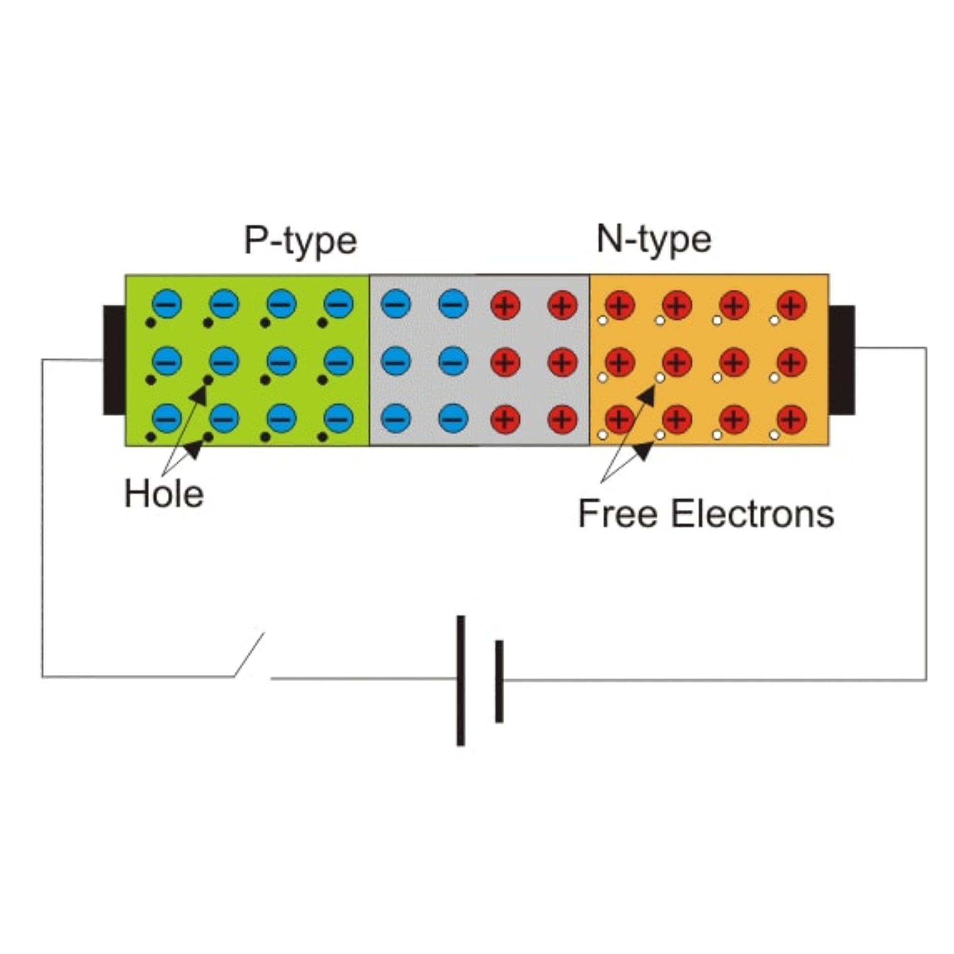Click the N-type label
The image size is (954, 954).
click(x=653, y=240)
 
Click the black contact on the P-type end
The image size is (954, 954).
click(x=114, y=360)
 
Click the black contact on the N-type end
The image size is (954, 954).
click(x=841, y=360)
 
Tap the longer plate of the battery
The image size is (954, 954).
click(x=461, y=681)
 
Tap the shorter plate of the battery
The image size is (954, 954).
click(x=499, y=681)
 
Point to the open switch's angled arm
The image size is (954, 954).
click(x=249, y=654)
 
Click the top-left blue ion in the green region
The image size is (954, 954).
click(x=167, y=304)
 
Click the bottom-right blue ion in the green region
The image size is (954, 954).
click(x=339, y=418)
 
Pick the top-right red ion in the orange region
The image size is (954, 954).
click(x=792, y=305)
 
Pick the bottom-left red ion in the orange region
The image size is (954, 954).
click(x=620, y=419)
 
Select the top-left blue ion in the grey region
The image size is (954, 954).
click(x=396, y=304)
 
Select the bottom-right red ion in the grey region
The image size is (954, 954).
click(x=562, y=419)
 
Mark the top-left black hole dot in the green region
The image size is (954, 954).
click(x=151, y=323)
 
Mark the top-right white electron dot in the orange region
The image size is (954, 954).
click(x=774, y=320)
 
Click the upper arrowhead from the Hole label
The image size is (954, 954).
click(x=199, y=394)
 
